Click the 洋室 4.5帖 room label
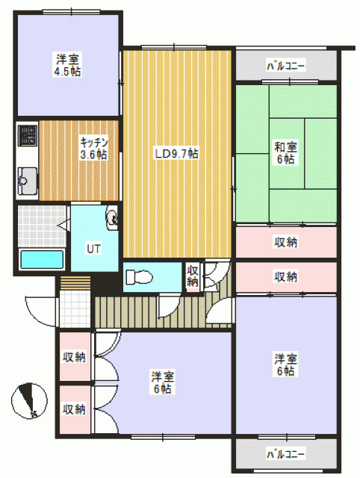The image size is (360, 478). (x=68, y=65)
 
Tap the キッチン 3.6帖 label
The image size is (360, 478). (x=93, y=148)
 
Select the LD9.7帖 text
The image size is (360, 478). (x=177, y=153)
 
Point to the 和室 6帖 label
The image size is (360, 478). (x=285, y=152)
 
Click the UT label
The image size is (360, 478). (x=93, y=249)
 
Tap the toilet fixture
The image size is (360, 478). (x=139, y=277)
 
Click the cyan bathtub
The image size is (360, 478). (x=42, y=260)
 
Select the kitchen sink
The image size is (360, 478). (x=28, y=181)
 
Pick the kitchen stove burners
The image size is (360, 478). (x=28, y=135)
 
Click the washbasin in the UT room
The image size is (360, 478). (x=111, y=217)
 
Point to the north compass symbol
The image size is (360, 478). (x=29, y=400)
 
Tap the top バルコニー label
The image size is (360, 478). (x=285, y=66)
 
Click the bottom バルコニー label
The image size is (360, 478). (x=285, y=455)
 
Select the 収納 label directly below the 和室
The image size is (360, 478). (x=285, y=242)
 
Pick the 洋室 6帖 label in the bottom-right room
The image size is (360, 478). (x=285, y=365)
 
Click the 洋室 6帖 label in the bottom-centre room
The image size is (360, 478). (x=163, y=382)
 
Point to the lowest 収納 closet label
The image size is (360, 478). (x=74, y=409)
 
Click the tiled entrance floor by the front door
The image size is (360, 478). (x=75, y=309)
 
